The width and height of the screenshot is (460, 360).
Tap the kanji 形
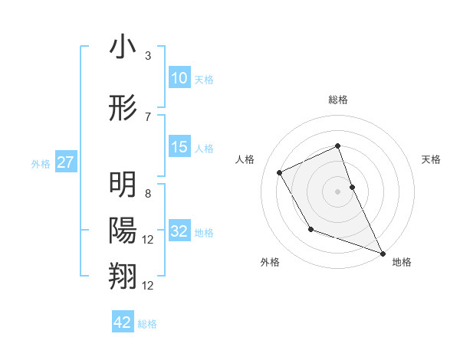(123, 106)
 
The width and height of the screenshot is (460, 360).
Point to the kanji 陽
(123, 230)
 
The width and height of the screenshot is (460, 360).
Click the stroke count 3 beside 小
(147, 56)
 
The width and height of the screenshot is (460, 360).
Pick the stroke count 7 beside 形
(147, 116)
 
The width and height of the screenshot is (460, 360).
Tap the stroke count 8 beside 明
(147, 195)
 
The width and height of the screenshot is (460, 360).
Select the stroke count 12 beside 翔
(149, 286)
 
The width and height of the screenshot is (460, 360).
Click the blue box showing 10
(179, 77)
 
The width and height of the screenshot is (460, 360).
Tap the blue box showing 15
(179, 147)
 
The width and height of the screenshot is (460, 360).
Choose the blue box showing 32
(179, 231)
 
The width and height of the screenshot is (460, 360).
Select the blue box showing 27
(66, 162)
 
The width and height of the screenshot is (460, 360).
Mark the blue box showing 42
(123, 322)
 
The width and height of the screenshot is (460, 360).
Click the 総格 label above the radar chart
(338, 100)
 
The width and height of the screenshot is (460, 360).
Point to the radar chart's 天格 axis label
(432, 159)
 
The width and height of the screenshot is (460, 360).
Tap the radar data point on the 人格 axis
(280, 172)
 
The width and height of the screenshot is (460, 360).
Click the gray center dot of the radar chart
(338, 191)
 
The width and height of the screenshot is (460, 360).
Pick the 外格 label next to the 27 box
(41, 163)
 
